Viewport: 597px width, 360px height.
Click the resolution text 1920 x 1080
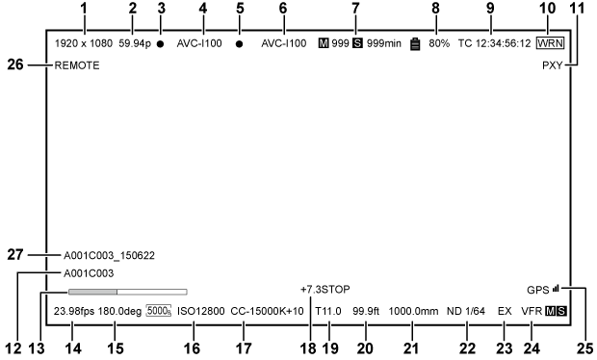pyautogui.click(x=84, y=44)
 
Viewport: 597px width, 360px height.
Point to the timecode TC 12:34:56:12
pyautogui.click(x=494, y=44)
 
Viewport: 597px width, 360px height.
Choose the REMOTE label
pyautogui.click(x=76, y=67)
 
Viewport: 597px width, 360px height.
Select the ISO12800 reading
pyautogui.click(x=201, y=312)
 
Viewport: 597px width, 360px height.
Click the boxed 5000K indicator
pyautogui.click(x=159, y=312)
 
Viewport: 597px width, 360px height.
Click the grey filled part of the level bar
pyautogui.click(x=91, y=290)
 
